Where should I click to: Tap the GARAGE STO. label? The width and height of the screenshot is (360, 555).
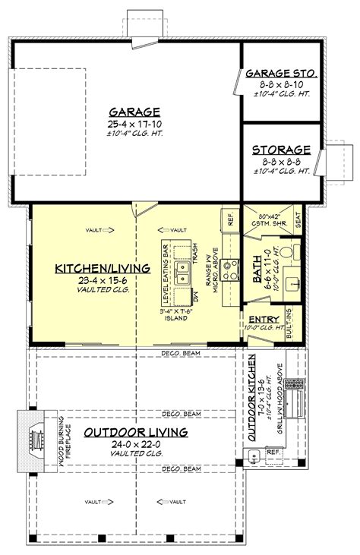pos(281,74)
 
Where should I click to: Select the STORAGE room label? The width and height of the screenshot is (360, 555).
pos(281,150)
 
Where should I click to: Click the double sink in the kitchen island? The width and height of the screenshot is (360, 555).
pos(182,273)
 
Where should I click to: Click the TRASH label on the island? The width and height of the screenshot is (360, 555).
pos(194,249)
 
